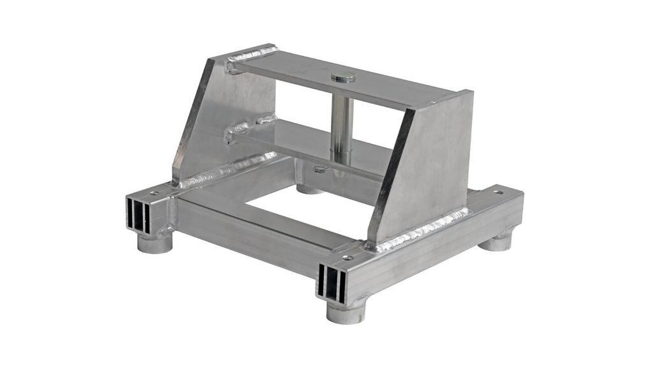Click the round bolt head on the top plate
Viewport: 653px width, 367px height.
pos(344,77)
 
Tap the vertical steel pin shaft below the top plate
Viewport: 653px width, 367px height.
pos(342,127)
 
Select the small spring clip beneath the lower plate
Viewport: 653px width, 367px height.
pos(321,169)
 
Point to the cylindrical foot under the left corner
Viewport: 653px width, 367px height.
pos(155,242)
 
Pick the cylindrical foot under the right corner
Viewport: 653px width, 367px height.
pos(496,241)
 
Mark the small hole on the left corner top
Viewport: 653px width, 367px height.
pos(153,192)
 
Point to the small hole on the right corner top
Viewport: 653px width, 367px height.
pos(497,192)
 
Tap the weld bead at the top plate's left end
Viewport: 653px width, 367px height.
pos(252,54)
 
